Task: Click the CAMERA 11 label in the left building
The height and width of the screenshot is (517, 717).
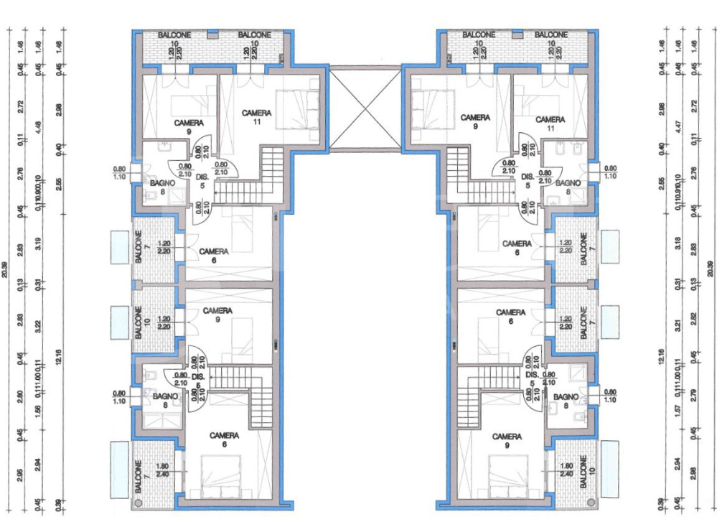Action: [256, 117]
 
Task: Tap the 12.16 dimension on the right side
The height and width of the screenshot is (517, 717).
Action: [661, 356]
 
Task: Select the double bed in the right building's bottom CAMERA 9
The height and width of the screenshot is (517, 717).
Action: [506, 474]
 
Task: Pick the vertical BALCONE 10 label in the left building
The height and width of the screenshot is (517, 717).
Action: [139, 323]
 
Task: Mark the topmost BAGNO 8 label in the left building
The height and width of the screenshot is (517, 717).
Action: [159, 187]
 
